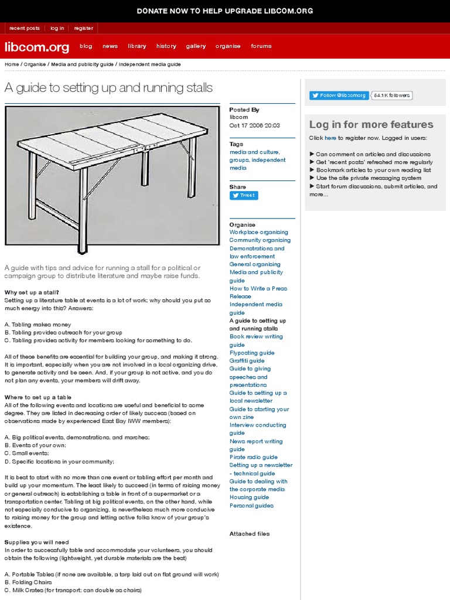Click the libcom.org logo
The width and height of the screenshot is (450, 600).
click(37, 47)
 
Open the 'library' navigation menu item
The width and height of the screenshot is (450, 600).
click(137, 46)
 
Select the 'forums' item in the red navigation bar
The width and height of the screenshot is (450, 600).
click(261, 46)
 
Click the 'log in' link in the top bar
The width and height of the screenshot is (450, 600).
click(57, 28)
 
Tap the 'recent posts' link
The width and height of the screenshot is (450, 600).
click(25, 28)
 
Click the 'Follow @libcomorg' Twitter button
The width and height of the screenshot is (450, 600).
click(339, 96)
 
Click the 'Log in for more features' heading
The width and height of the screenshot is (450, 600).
click(371, 124)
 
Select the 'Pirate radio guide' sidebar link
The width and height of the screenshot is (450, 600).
click(253, 457)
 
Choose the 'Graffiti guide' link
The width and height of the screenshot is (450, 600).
click(247, 361)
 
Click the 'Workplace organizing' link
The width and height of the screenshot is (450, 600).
click(258, 232)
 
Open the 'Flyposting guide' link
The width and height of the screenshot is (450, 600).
click(251, 353)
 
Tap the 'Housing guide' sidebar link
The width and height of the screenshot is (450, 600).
click(249, 497)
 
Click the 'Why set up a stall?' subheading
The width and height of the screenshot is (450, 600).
click(32, 292)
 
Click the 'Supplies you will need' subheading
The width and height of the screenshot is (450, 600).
click(36, 543)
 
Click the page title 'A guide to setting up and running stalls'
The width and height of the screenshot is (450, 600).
click(108, 88)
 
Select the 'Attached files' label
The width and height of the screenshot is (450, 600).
click(250, 534)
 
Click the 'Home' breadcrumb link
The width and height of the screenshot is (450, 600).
click(11, 64)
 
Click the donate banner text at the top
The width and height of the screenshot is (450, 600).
click(225, 11)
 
